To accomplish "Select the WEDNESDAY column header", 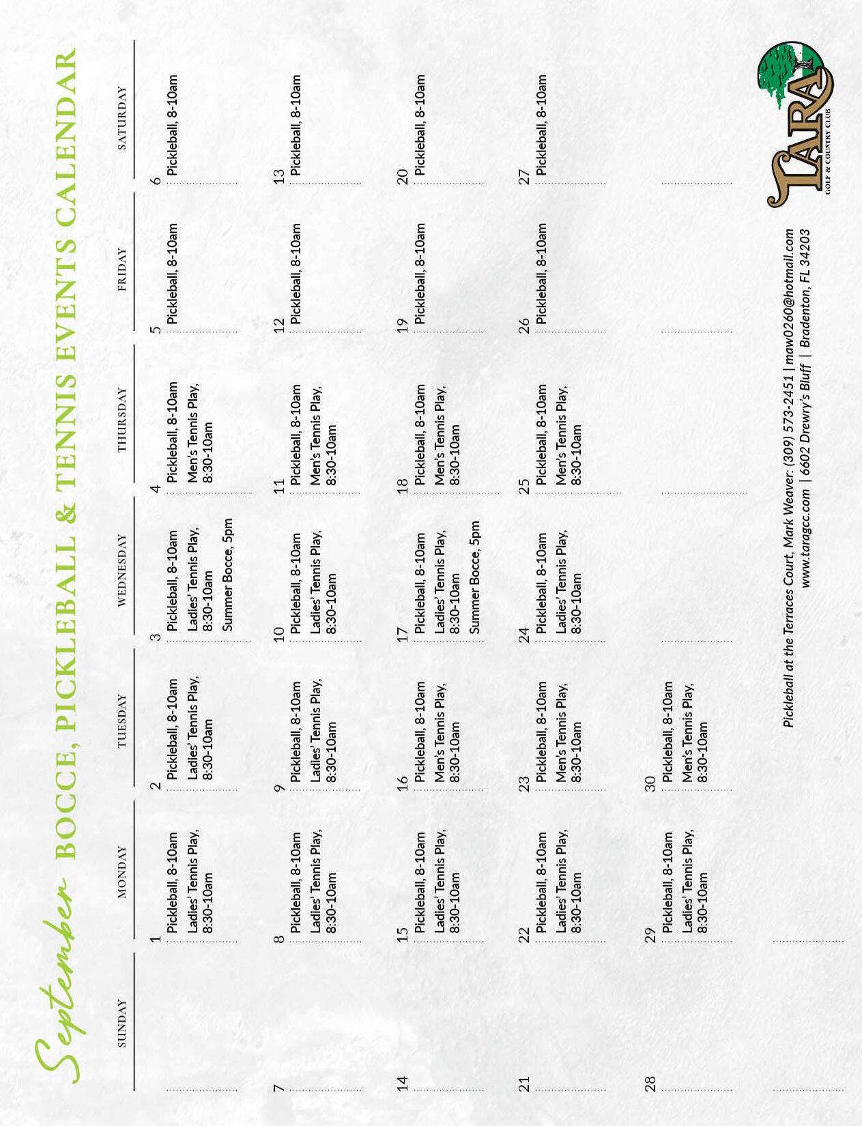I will pos(123,570).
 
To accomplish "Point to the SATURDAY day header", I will pos(123,117).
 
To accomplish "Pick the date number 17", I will pos(403,633).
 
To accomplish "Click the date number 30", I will pos(650,783).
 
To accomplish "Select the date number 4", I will pos(156,489).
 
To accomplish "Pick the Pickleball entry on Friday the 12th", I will pos(296,273).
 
